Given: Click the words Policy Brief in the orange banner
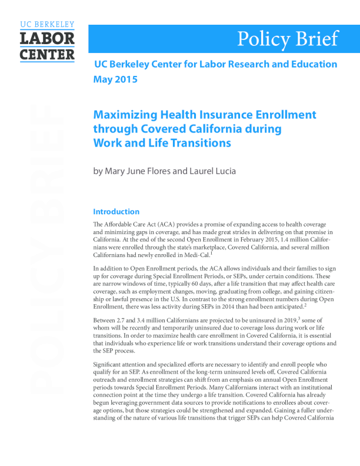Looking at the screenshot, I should pos(288,38).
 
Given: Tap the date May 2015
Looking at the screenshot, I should pos(115,79).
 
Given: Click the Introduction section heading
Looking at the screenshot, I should pos(116,212).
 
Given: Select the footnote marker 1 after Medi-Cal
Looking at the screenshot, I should pos(211,254).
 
